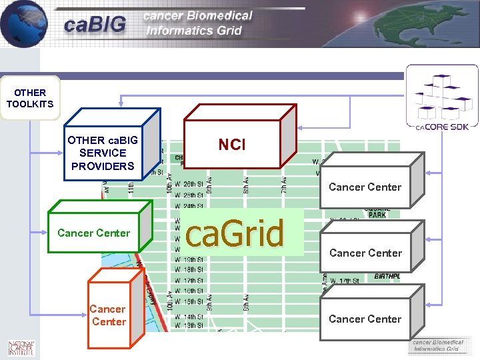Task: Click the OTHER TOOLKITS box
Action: (x=29, y=99)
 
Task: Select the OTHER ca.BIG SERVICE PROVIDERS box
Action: (x=103, y=153)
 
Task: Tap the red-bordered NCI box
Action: (x=232, y=145)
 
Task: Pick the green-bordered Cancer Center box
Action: (x=94, y=233)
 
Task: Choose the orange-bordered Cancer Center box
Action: (x=107, y=315)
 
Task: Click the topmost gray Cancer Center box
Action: (x=365, y=187)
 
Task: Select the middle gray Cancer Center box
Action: (x=365, y=253)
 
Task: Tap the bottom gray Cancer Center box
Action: (x=365, y=319)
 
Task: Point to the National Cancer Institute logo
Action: (x=21, y=347)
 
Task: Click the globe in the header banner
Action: (x=23, y=23)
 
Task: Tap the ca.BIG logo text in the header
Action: (x=95, y=25)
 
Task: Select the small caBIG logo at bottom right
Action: (x=437, y=345)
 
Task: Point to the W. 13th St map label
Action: (x=189, y=325)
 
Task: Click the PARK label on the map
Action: (x=377, y=215)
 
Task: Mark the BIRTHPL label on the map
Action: (x=387, y=275)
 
